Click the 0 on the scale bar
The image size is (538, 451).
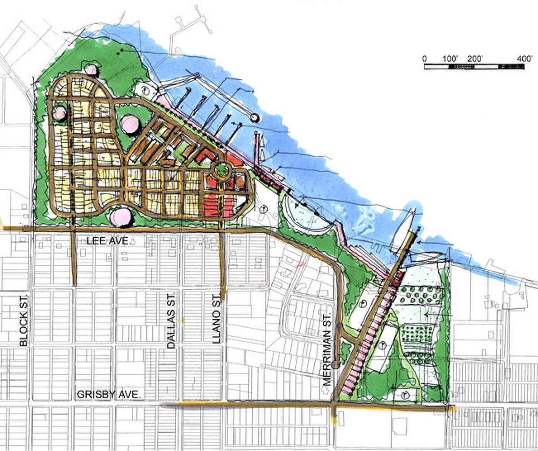pyautogui.click(x=424, y=59)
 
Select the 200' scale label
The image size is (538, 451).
pyautogui.click(x=476, y=59)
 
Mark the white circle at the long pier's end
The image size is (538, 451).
pyautogui.click(x=255, y=118)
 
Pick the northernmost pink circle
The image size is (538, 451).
pyautogui.click(x=91, y=70)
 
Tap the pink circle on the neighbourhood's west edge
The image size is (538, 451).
pyautogui.click(x=60, y=113)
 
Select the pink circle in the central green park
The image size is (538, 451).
pyautogui.click(x=130, y=124)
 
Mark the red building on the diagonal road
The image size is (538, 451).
pyautogui.click(x=395, y=282)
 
